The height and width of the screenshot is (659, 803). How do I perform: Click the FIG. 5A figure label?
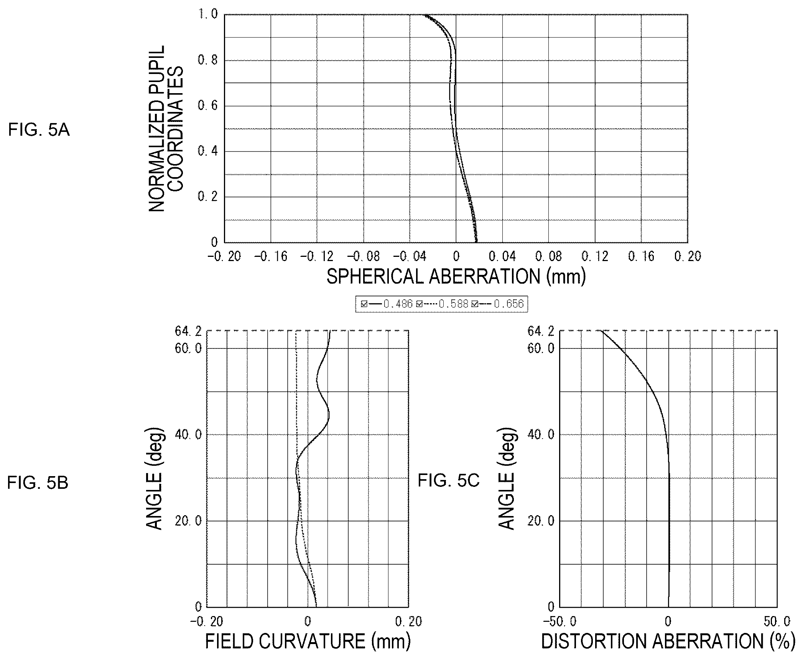pyautogui.click(x=39, y=130)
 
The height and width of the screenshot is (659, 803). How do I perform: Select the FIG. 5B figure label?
pyautogui.click(x=38, y=483)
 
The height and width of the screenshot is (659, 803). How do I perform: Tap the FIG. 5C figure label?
pyautogui.click(x=449, y=480)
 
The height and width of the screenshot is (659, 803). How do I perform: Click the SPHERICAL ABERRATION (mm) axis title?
pyautogui.click(x=456, y=276)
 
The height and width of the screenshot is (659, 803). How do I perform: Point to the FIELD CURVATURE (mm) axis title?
pyautogui.click(x=308, y=641)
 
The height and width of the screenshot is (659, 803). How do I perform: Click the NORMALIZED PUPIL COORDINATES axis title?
pyautogui.click(x=166, y=128)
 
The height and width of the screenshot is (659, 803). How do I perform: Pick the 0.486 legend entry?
pyautogui.click(x=387, y=304)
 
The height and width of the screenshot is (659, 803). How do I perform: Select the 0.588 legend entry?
pyautogui.click(x=442, y=304)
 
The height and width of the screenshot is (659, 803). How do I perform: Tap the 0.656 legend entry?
pyautogui.click(x=498, y=304)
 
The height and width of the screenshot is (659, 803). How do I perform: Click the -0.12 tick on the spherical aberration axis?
pyautogui.click(x=317, y=256)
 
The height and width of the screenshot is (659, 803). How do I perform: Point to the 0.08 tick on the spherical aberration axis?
pyautogui.click(x=548, y=256)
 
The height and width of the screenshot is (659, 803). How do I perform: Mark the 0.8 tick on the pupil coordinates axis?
pyautogui.click(x=207, y=60)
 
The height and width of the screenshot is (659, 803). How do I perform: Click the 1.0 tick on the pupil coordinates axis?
pyautogui.click(x=207, y=14)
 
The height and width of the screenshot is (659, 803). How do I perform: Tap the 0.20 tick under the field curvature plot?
pyautogui.click(x=408, y=621)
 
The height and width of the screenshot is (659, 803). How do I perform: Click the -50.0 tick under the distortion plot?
pyautogui.click(x=559, y=621)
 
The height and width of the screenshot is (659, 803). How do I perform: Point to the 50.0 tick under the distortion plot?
pyautogui.click(x=777, y=621)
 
